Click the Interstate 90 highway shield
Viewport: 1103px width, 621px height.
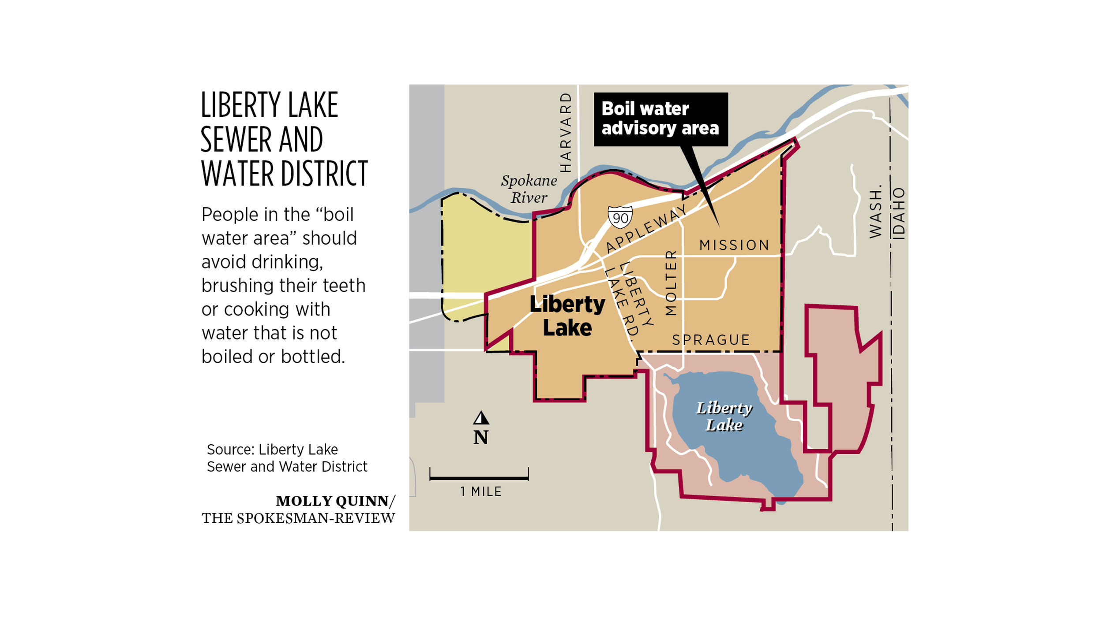pos(620,217)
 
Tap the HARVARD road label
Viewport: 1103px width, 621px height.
pos(566,132)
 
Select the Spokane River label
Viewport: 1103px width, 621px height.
pos(529,189)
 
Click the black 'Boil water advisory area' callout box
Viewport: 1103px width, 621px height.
pos(660,119)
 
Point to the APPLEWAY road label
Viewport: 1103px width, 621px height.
pos(646,228)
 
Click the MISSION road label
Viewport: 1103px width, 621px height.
pos(734,245)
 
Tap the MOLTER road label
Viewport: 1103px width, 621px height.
pos(671,283)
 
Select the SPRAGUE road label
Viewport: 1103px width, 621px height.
pos(711,340)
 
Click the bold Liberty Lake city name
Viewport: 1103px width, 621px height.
pos(567,316)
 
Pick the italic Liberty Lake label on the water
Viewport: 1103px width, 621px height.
pos(724,416)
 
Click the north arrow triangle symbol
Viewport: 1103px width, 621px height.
pos(481,418)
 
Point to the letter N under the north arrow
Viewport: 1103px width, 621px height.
pos(481,438)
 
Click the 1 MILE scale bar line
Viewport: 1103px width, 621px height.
pos(479,477)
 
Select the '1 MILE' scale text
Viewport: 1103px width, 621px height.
pos(481,491)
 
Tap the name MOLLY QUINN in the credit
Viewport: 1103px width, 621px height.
pos(332,501)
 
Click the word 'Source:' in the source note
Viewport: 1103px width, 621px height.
pos(230,450)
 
